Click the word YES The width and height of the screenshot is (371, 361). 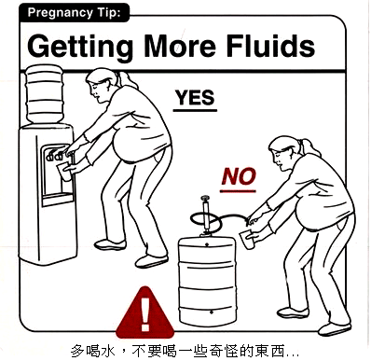pos(195,97)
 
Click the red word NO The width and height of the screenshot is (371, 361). pos(239,176)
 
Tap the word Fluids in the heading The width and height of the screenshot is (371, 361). pos(270,46)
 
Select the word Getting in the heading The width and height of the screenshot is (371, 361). pos(80,48)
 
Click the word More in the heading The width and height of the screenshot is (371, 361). pos(180,47)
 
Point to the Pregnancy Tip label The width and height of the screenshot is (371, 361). pos(74,13)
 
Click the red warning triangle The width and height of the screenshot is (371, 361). pos(144,312)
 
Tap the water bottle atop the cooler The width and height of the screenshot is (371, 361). pos(44,94)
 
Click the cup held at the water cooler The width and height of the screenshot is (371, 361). pos(64,171)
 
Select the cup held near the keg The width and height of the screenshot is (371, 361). pos(247,239)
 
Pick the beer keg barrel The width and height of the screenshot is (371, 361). pos(207,282)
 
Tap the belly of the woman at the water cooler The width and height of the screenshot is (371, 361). pos(127,146)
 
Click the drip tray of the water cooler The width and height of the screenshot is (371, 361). pos(58,199)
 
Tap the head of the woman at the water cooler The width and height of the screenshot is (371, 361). pos(101,85)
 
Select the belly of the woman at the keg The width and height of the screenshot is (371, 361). pos(309,214)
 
